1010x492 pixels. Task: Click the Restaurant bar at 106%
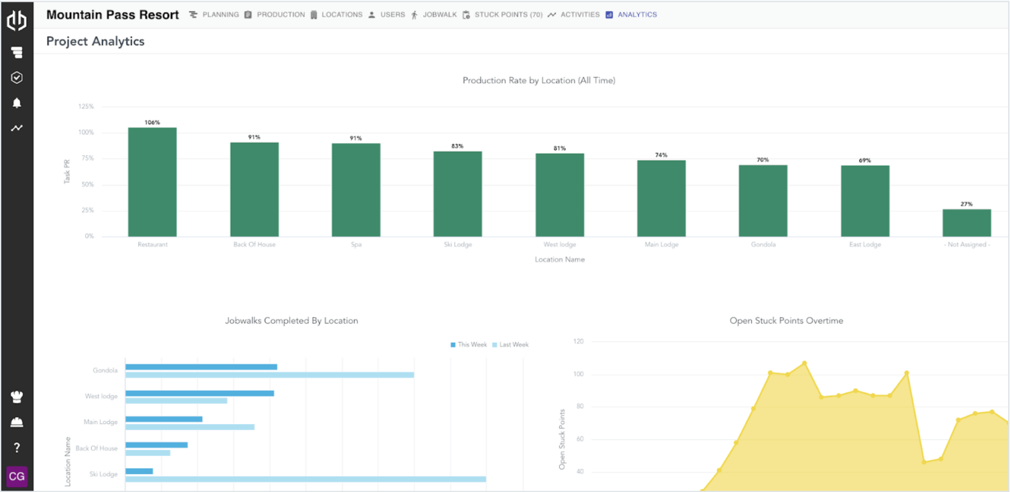pos(152,183)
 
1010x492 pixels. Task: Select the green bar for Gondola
pos(762,201)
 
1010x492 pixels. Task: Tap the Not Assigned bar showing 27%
pos(966,223)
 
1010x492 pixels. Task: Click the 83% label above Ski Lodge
pos(457,146)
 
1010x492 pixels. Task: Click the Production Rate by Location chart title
pos(539,80)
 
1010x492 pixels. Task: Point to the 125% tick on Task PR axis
pos(86,106)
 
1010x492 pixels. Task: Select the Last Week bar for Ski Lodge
pos(305,479)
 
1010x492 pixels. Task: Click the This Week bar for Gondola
pos(201,367)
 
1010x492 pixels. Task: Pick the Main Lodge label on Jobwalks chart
pos(101,422)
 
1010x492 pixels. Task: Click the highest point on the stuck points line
pos(804,363)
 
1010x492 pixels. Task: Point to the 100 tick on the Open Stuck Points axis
pos(578,374)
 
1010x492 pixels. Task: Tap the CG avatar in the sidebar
pos(17,476)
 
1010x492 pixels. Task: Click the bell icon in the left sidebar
pos(17,102)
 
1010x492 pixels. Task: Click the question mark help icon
pos(17,447)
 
